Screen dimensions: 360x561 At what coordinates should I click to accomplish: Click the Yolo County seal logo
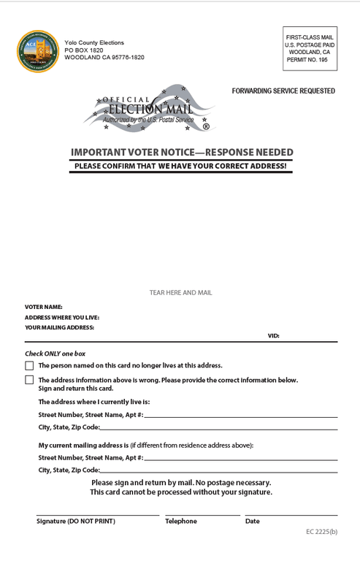(x=38, y=51)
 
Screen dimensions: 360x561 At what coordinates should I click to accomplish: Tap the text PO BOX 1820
(x=84, y=50)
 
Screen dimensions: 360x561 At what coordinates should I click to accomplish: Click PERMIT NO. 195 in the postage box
(x=309, y=60)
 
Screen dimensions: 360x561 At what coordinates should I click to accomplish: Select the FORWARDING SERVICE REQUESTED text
(x=283, y=91)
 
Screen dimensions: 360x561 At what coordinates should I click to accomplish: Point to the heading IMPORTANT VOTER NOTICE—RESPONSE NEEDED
(x=182, y=153)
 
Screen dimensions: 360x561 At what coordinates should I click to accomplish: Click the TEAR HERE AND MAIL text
(x=181, y=293)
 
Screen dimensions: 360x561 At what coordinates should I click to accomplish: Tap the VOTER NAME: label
(x=44, y=308)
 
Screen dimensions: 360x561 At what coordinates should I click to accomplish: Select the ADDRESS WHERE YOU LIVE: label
(x=62, y=318)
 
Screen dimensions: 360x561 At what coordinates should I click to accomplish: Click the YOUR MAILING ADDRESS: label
(x=60, y=328)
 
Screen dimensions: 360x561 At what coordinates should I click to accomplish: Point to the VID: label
(x=273, y=336)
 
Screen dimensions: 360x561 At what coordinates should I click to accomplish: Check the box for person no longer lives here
(x=29, y=366)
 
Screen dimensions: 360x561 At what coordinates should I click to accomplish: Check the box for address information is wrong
(x=29, y=380)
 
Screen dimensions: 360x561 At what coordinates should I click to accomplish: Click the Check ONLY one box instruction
(x=55, y=354)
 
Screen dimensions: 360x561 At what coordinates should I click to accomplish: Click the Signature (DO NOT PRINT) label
(x=76, y=522)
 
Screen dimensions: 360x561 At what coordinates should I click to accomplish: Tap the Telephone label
(x=181, y=522)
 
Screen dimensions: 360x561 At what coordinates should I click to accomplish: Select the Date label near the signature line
(x=253, y=522)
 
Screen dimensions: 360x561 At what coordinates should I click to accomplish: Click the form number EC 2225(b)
(x=321, y=532)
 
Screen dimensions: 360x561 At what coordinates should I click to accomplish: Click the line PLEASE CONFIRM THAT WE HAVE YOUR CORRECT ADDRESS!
(x=181, y=167)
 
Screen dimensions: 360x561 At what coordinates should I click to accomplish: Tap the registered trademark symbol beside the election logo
(x=206, y=126)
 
